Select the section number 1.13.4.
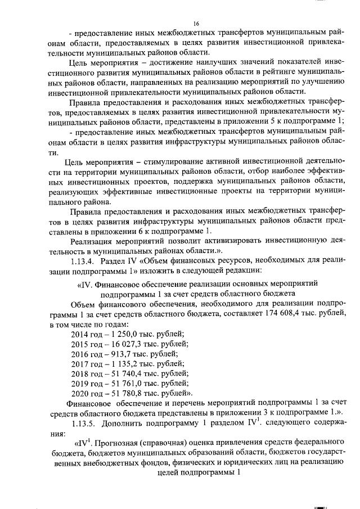(83, 263)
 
